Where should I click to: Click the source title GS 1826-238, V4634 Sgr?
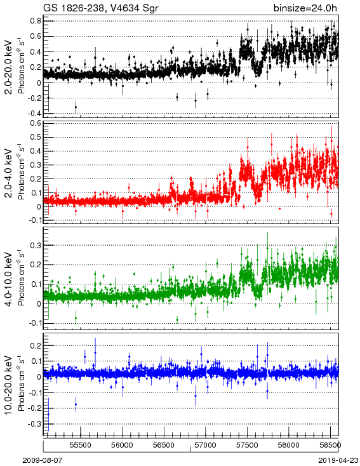(101, 8)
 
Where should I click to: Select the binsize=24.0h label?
(305, 8)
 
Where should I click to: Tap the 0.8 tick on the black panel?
(36, 21)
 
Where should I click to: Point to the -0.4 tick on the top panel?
(34, 114)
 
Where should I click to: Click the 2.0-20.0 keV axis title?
(9, 67)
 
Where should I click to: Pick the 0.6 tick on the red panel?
(36, 123)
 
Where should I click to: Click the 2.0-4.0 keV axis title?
(9, 173)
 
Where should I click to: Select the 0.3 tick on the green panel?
(36, 245)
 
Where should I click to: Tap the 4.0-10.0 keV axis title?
(9, 279)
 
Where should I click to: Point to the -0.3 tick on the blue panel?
(34, 423)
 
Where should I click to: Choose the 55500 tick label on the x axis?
(81, 445)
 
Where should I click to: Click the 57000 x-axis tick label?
(206, 445)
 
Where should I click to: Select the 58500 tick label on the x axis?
(331, 445)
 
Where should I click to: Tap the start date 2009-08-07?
(43, 460)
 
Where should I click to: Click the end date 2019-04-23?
(338, 460)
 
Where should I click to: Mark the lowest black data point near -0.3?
(76, 107)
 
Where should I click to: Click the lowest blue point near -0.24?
(48, 414)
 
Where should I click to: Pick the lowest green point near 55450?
(76, 318)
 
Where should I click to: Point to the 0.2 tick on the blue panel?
(36, 345)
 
